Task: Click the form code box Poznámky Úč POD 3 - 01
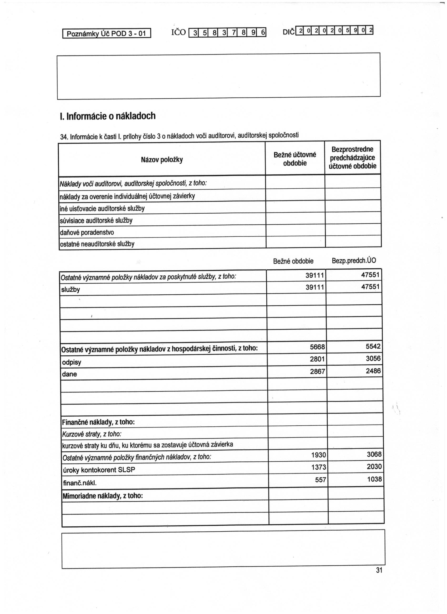(x=106, y=34)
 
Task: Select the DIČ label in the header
(x=288, y=32)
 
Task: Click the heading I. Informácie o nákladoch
(x=108, y=116)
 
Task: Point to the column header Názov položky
(x=162, y=160)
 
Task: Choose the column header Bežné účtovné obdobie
(x=295, y=159)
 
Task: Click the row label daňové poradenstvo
(x=87, y=233)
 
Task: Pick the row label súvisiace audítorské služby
(x=96, y=221)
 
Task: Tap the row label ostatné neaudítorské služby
(x=97, y=244)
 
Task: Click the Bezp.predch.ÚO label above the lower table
(x=354, y=261)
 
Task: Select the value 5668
(x=317, y=347)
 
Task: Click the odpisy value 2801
(x=317, y=359)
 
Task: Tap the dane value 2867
(x=317, y=371)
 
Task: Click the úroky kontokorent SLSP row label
(x=99, y=470)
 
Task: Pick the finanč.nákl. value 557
(x=321, y=480)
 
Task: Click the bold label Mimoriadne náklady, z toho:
(x=103, y=496)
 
